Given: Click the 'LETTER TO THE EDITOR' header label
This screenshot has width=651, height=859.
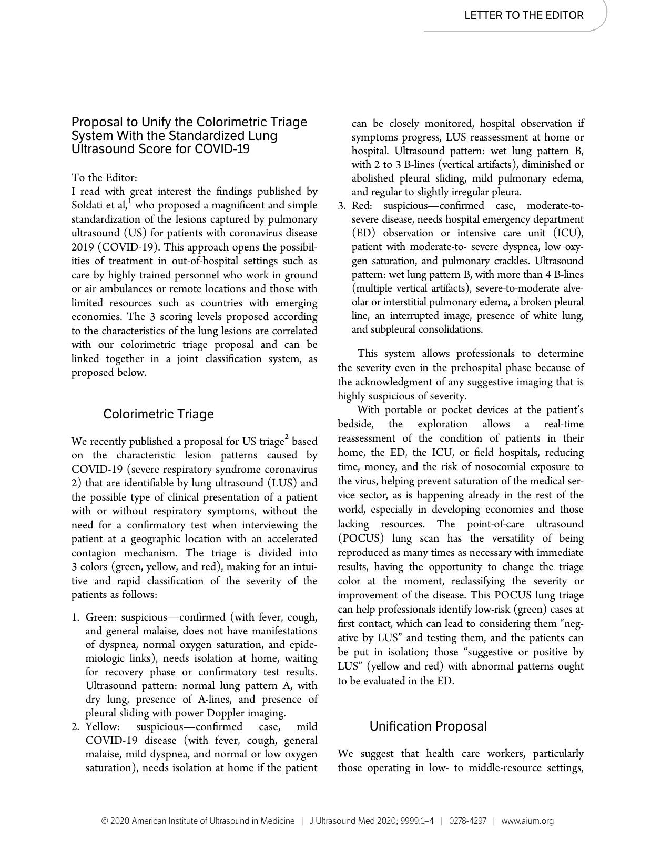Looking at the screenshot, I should pos(523,15).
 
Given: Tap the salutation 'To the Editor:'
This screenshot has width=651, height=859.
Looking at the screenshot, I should pos(104,177).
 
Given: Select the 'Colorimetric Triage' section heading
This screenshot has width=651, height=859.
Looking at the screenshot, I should pos(158,414).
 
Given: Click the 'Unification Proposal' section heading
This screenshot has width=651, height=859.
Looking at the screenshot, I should pos(428,726).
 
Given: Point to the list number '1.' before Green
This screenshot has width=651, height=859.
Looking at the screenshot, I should pos(76,617).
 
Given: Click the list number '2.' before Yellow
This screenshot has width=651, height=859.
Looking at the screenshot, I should pos(76,727).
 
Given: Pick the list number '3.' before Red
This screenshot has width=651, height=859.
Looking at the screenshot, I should pos(342,206).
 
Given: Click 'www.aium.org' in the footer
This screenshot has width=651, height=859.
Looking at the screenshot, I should pos(527,821).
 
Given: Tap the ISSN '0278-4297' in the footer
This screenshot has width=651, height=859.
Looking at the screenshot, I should pos(467,821).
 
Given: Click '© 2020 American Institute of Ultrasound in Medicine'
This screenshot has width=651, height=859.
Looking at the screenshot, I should pos(198,821).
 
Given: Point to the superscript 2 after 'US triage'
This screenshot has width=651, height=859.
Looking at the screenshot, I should pos(287,437).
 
